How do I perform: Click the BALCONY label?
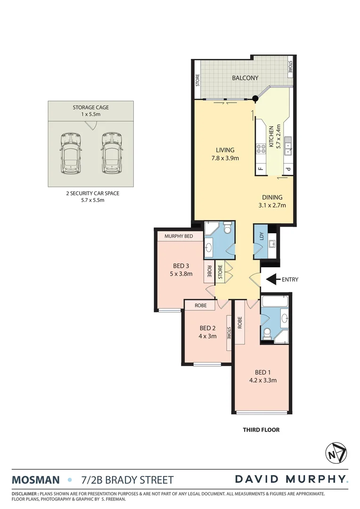[x=245, y=78]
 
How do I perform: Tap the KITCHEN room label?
[x=271, y=137]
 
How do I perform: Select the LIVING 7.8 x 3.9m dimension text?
[x=225, y=158]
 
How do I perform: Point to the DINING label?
[x=272, y=197]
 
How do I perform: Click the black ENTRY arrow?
[x=272, y=279]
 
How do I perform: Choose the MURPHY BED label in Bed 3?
[x=178, y=236]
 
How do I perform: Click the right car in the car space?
[x=111, y=152]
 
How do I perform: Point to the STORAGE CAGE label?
[x=90, y=107]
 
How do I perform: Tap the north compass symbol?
[x=336, y=453]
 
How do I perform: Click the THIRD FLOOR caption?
[x=261, y=430]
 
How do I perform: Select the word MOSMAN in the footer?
[x=36, y=480]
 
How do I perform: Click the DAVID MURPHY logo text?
[x=291, y=479]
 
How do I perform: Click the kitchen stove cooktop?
[x=261, y=149]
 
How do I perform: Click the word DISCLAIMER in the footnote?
[x=25, y=493]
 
